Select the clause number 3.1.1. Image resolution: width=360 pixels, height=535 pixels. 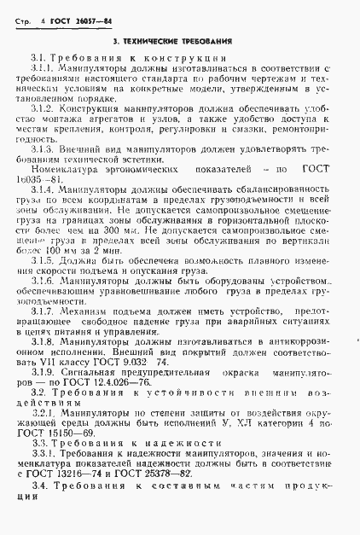click(42, 67)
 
